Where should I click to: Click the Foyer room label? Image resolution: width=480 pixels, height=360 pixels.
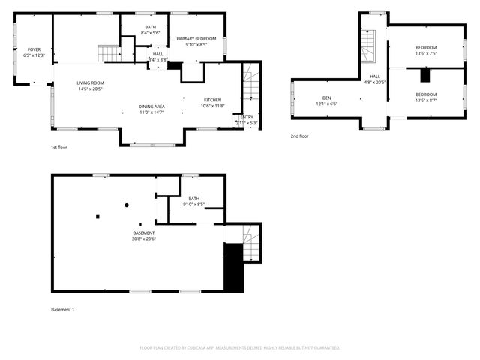[34, 52]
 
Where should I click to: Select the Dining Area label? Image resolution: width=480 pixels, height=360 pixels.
[152, 109]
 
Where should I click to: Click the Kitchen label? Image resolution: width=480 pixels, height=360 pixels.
[213, 103]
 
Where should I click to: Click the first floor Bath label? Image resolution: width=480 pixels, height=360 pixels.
[151, 30]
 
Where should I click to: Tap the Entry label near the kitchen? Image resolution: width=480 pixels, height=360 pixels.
[247, 120]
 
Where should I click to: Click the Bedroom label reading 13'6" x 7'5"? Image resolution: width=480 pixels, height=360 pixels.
[426, 50]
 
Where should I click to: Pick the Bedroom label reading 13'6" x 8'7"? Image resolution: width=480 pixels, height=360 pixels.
[426, 97]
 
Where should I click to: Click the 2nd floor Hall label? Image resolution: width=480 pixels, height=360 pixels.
[375, 79]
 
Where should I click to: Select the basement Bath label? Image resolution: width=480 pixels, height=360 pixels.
[194, 201]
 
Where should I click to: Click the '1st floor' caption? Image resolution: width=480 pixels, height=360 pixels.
[59, 148]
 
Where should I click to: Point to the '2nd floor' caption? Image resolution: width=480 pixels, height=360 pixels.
[299, 136]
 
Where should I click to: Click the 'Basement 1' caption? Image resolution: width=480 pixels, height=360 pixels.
[62, 309]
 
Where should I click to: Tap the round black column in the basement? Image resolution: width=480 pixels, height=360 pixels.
[126, 204]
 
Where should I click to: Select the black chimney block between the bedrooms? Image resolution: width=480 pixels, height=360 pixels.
[424, 74]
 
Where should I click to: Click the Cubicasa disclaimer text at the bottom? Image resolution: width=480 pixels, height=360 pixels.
[240, 348]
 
